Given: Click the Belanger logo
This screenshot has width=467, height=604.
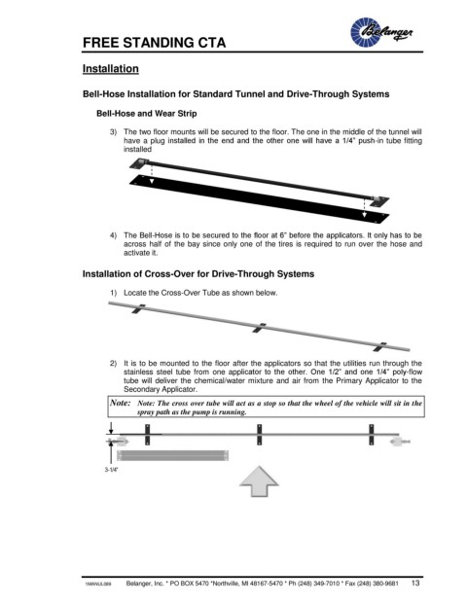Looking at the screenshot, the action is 381,32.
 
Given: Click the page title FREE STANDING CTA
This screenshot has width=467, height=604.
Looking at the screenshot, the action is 154,43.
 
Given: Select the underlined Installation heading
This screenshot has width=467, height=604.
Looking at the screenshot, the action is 111,68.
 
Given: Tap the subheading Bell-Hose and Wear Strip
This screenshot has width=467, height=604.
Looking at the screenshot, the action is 146,114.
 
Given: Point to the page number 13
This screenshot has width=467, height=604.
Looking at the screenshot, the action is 415,583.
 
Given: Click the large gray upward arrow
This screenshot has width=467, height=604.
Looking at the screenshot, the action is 259,481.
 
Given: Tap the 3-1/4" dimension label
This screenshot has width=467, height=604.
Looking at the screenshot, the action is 111,470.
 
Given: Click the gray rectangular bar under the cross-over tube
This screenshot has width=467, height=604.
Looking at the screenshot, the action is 172,455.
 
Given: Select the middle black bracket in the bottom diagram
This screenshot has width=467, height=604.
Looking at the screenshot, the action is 260,435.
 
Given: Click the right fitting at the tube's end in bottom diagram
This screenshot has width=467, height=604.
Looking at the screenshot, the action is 400,441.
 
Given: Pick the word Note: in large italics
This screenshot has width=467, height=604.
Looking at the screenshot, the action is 121,403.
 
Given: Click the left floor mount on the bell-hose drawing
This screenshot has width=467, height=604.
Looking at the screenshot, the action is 139,163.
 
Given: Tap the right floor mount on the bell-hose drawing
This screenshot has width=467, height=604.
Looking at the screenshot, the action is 379,200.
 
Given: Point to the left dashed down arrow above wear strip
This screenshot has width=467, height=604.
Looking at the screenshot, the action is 152,174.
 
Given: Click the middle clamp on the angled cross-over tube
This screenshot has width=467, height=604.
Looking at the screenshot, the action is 260,328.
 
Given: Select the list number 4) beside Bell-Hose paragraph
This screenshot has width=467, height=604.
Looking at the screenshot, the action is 113,235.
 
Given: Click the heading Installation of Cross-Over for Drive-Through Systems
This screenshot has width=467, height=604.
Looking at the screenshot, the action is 198,274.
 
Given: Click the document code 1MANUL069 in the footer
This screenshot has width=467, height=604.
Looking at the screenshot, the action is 98,584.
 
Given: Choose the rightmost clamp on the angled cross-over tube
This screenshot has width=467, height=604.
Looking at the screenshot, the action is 379,346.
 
